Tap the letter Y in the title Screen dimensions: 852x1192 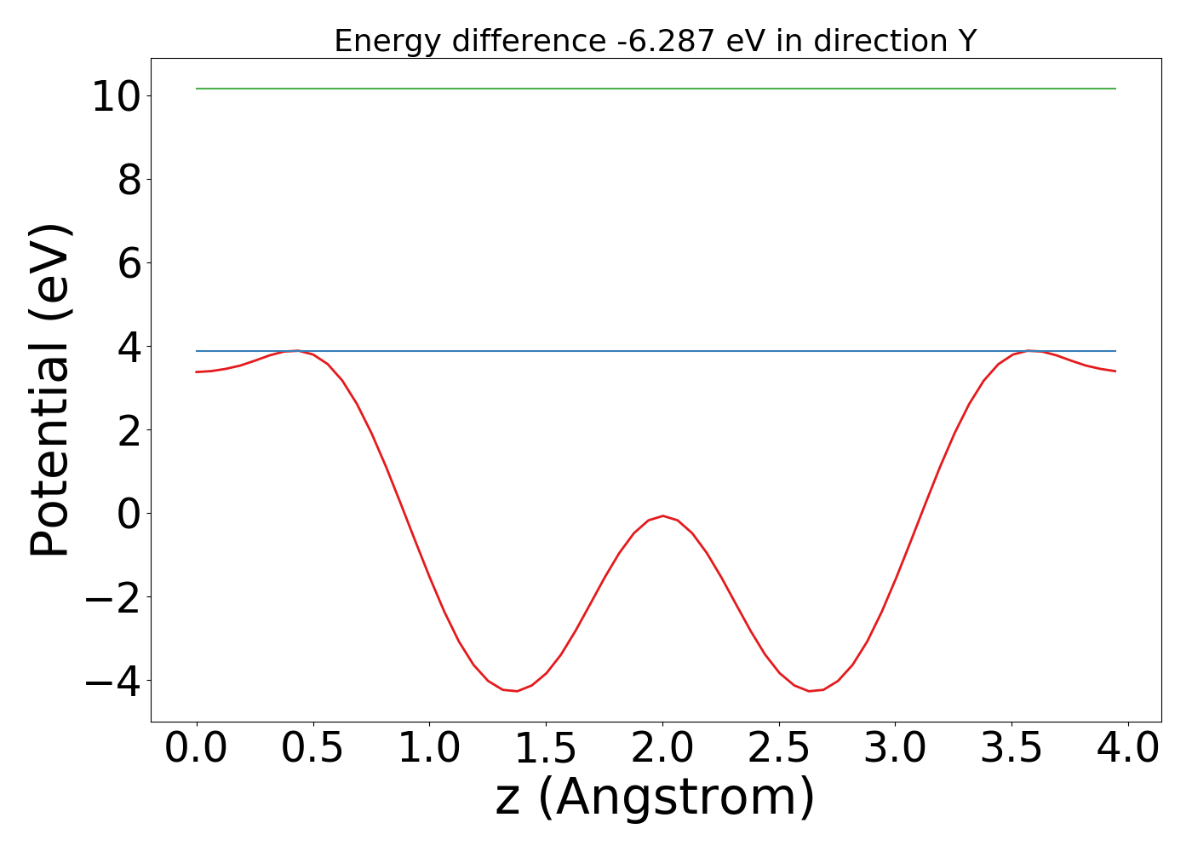966,41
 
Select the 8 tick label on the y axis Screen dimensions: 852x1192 129,180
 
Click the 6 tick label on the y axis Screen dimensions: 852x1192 129,263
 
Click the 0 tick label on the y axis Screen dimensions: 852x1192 129,514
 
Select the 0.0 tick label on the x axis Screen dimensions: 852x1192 196,749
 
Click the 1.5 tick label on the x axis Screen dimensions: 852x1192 545,749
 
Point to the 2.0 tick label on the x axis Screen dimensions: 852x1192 662,749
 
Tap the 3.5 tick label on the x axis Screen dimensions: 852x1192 1011,749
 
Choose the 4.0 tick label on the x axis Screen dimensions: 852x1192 1127,749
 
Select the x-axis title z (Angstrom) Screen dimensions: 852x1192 656,798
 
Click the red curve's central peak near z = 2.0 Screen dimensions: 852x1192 662,515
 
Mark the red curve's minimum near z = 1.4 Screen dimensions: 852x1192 516,691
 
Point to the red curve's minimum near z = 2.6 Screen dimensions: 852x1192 809,691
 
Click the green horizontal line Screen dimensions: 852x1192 656,89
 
